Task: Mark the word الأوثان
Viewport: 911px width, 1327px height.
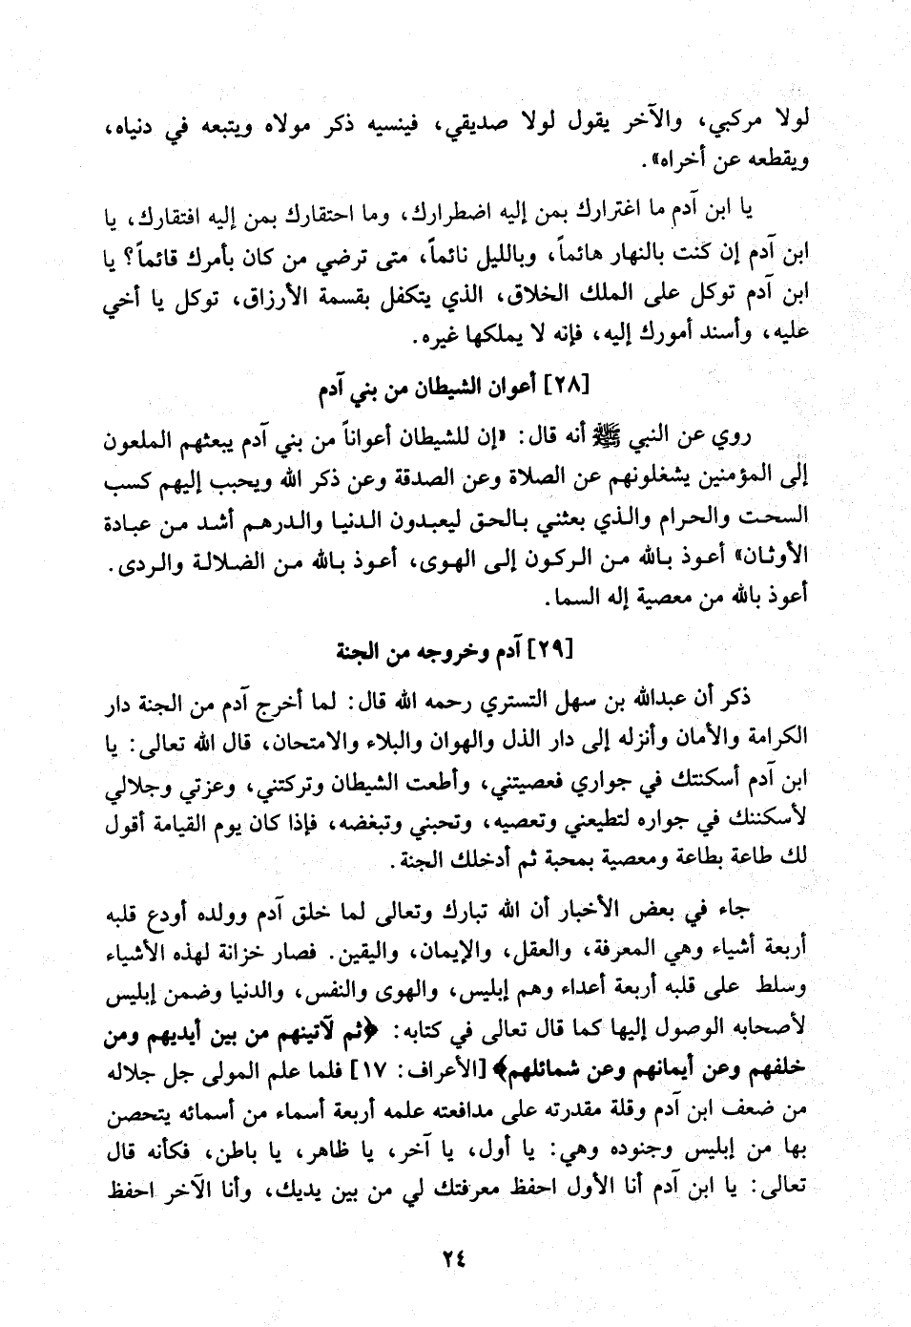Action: [x=773, y=554]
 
